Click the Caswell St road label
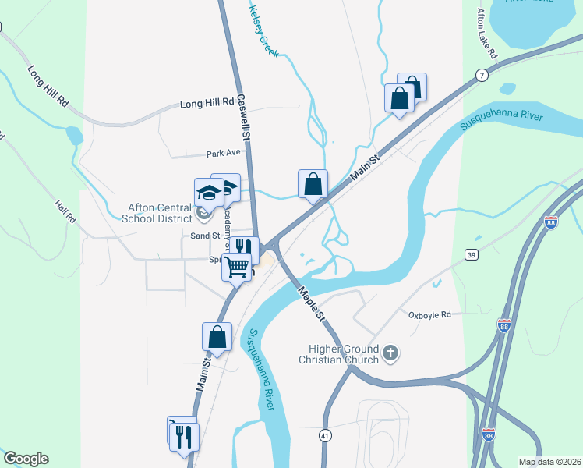[x=244, y=117]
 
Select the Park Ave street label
[x=221, y=154]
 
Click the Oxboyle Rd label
[x=429, y=315]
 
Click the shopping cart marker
[x=237, y=268]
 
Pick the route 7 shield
[x=483, y=76]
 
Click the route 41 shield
[x=323, y=436]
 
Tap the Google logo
[x=26, y=459]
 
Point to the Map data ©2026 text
[x=549, y=462]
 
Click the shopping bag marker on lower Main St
[x=217, y=337]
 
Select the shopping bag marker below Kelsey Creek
[x=313, y=185]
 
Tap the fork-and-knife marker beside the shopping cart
[x=244, y=249]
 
